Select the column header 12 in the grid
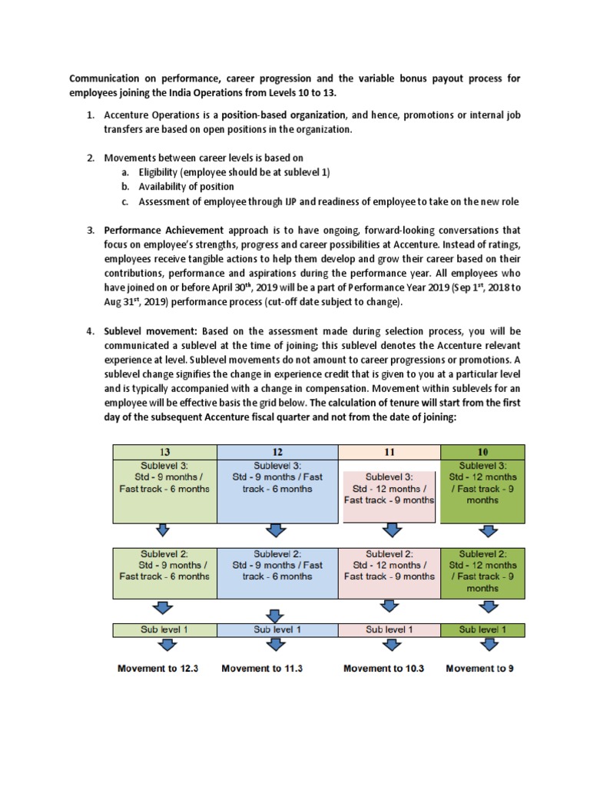(x=277, y=451)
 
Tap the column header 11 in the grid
(x=389, y=451)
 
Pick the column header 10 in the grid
(x=482, y=451)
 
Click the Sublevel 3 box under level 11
(x=389, y=488)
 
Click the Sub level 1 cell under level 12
(x=277, y=629)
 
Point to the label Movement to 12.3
(x=158, y=669)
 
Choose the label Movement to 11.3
(x=262, y=669)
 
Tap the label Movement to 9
(x=480, y=669)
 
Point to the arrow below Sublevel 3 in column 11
(x=393, y=531)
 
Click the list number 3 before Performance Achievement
(x=89, y=230)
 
